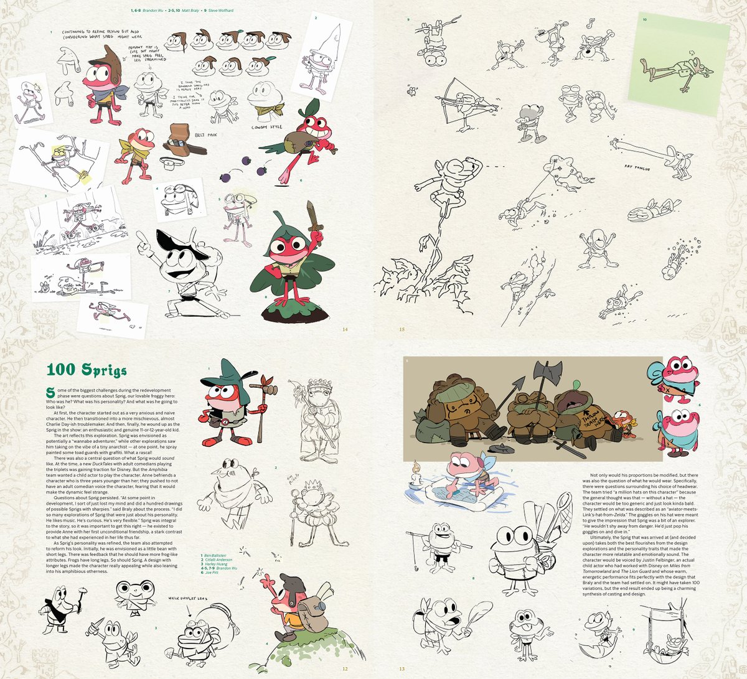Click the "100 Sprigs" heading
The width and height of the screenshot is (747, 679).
click(x=87, y=370)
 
